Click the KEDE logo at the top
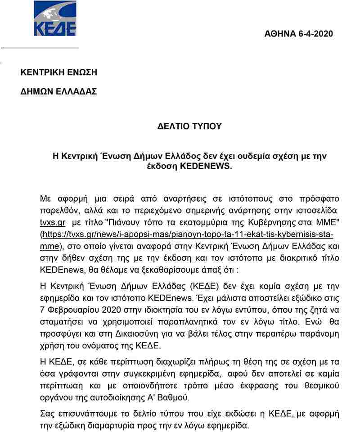[x=55, y=18]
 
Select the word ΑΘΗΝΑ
[x=280, y=34]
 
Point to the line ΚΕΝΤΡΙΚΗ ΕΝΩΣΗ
[x=58, y=72]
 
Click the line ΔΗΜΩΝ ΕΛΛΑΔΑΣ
[x=58, y=91]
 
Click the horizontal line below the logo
[x=40, y=47]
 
